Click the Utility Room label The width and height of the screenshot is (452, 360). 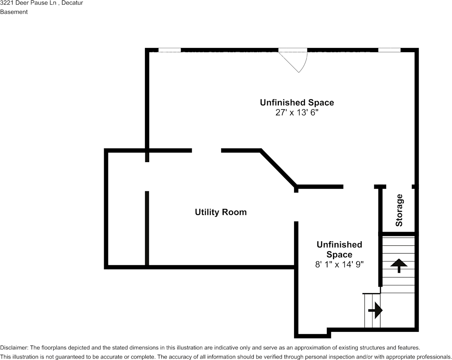(x=221, y=212)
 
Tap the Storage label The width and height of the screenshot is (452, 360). (x=399, y=210)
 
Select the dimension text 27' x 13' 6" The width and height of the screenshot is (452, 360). (x=297, y=112)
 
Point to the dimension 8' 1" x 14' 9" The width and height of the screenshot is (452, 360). (x=339, y=264)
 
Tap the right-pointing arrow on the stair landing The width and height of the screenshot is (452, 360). (x=375, y=311)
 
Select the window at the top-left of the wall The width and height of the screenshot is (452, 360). (x=170, y=50)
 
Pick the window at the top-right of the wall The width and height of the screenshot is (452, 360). (x=389, y=50)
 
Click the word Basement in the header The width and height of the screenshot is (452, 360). (x=14, y=12)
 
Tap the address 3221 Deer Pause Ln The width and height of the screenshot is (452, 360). (x=28, y=3)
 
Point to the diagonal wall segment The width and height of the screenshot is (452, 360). (x=279, y=168)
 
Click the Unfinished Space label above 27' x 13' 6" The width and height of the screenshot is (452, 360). (x=297, y=103)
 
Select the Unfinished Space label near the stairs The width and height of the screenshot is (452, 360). (x=339, y=250)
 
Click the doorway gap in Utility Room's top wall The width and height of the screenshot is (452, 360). (x=206, y=150)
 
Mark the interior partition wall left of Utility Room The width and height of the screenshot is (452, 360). (x=147, y=228)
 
